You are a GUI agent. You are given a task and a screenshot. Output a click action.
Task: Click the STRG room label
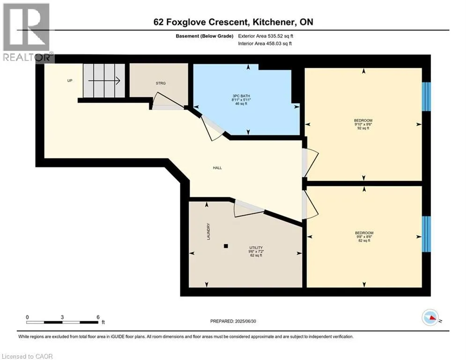click(x=161, y=83)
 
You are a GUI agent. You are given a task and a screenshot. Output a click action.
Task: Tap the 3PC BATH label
click(x=241, y=96)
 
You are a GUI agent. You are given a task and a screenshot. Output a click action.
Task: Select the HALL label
click(x=217, y=168)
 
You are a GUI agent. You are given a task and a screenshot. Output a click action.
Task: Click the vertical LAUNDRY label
click(x=208, y=232)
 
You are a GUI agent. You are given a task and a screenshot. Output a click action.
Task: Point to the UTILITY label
click(x=256, y=247)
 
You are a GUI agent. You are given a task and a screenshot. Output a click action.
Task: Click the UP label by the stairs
click(x=69, y=81)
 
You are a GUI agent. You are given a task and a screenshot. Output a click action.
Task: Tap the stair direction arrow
click(x=104, y=80)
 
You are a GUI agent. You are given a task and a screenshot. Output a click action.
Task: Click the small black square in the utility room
click(x=226, y=246)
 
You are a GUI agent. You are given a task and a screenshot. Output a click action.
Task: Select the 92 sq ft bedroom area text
click(x=363, y=128)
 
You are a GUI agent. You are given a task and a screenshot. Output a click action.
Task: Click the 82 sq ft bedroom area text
click(x=364, y=240)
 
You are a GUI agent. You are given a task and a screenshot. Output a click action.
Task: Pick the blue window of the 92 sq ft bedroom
click(x=426, y=97)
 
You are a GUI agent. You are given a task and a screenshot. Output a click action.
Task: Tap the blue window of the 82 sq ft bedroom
click(x=426, y=234)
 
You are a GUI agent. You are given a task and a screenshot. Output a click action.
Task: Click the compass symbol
click(x=430, y=317)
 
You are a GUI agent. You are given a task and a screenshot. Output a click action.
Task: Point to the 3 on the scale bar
click(x=62, y=317)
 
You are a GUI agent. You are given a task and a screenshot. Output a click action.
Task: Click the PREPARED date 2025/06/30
click(x=245, y=321)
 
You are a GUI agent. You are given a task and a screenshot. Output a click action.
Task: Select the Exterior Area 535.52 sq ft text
click(x=266, y=36)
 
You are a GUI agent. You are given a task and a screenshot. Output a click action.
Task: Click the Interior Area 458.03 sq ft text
click(x=265, y=44)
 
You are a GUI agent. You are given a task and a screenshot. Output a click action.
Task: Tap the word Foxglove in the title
click(x=187, y=22)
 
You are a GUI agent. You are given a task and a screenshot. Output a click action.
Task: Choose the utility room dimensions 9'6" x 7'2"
click(x=256, y=251)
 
